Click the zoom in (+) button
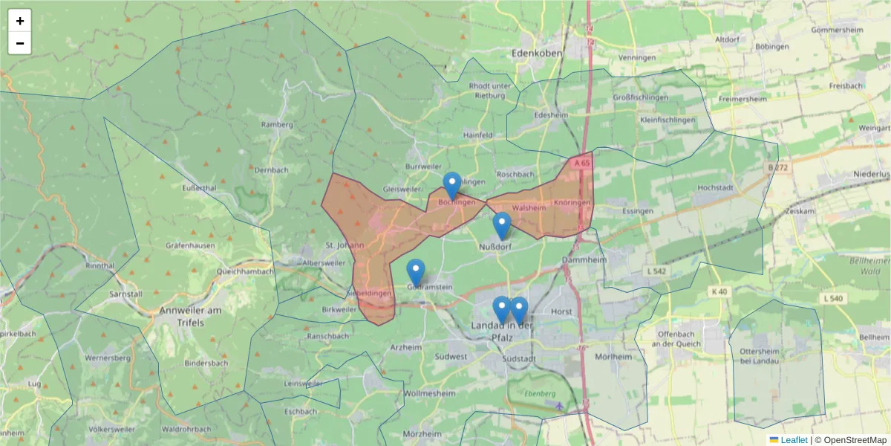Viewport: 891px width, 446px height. click(20, 21)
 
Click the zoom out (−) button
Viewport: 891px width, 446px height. click(20, 43)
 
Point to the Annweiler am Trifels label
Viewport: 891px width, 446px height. click(191, 316)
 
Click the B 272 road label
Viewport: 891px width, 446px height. click(779, 168)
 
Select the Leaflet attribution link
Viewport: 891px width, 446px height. click(794, 440)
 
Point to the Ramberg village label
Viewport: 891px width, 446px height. click(277, 124)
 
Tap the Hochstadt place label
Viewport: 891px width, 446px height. click(714, 188)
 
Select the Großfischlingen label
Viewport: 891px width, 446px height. click(640, 97)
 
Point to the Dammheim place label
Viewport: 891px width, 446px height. click(584, 260)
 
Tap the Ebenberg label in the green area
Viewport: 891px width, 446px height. click(539, 392)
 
